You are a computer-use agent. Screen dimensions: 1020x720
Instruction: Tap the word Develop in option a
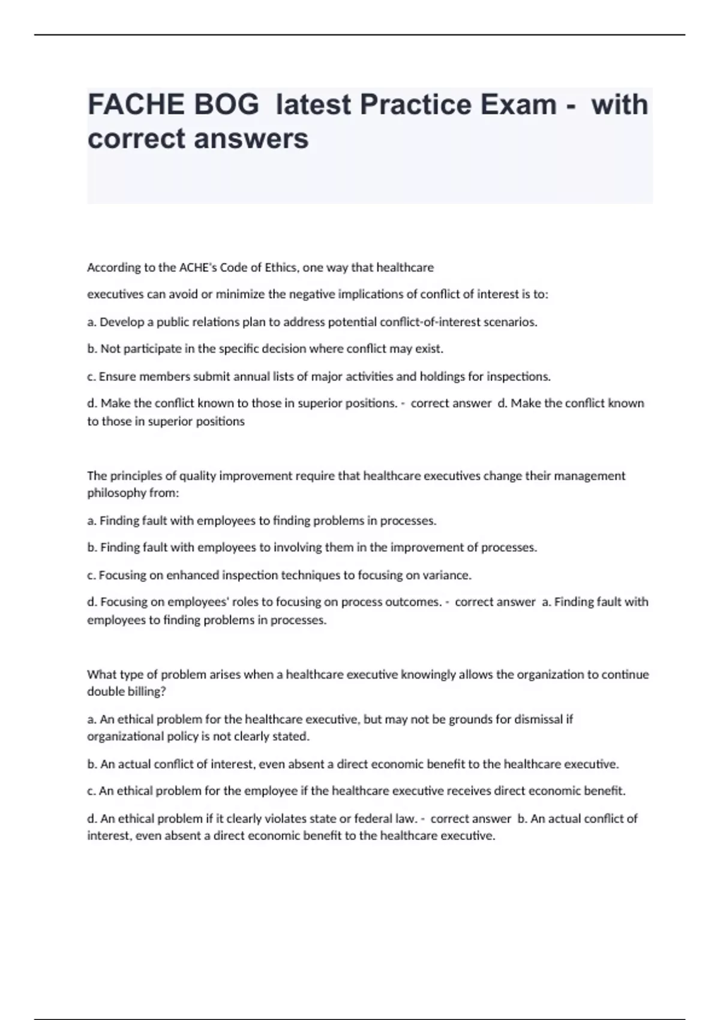[119, 322]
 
